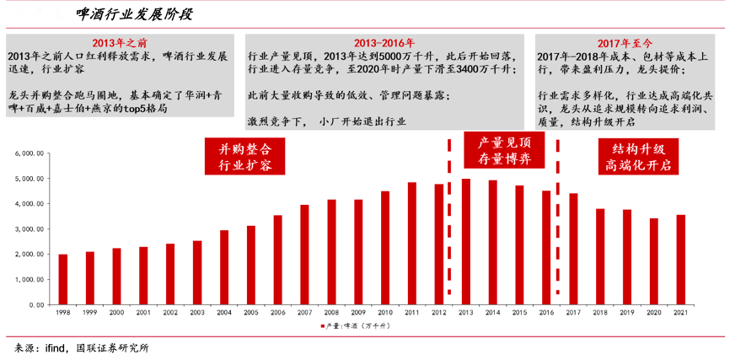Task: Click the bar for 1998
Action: pos(62,279)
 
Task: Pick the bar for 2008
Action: pos(331,252)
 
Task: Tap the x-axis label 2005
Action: pos(250,313)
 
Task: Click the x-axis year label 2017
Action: pos(572,313)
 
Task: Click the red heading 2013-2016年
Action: pos(384,42)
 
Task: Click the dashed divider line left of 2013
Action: pos(448,219)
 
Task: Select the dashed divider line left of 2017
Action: pos(557,219)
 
